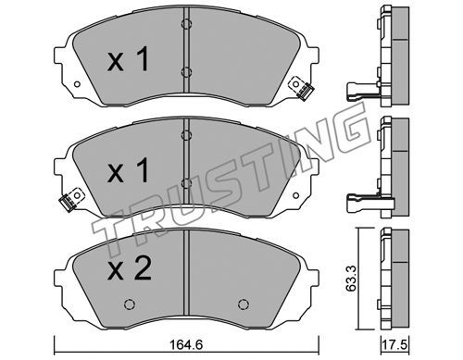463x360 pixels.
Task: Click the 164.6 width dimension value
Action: click(186, 344)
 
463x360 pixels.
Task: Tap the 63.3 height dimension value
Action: click(352, 279)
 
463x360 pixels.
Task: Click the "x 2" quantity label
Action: click(130, 268)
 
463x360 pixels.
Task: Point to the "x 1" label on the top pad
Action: click(128, 59)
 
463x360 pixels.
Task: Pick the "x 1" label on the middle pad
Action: click(128, 170)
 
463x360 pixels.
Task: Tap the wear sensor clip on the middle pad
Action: click(71, 200)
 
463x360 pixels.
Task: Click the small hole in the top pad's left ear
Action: click(77, 84)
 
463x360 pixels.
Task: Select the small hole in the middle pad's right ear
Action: click(295, 195)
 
